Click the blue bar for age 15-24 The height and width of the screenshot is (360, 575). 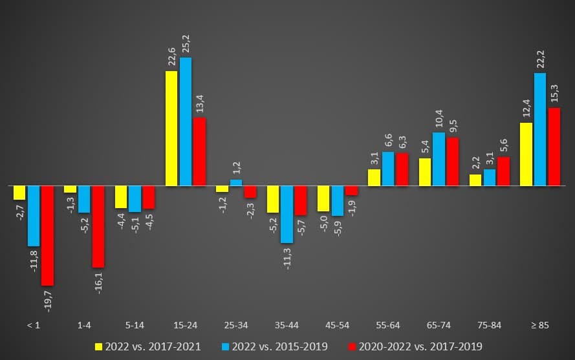186,122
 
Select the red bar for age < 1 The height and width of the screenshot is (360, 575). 47,235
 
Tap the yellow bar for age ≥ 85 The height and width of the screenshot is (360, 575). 526,154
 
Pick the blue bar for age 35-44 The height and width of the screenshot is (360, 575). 287,214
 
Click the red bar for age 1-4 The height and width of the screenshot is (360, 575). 98,226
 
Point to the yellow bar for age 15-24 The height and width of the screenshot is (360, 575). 172,128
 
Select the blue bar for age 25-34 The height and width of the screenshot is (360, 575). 236,182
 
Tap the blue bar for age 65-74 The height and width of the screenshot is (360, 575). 439,159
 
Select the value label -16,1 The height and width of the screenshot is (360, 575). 99,281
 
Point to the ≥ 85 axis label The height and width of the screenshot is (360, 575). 539,325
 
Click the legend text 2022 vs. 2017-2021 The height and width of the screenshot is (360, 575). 153,346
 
